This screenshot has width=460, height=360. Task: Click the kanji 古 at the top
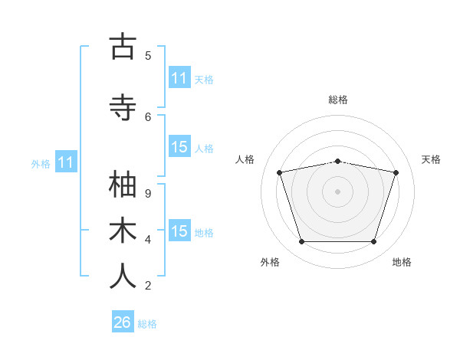click(123, 46)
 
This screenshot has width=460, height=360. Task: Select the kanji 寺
click(123, 107)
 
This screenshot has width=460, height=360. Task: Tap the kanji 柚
click(123, 184)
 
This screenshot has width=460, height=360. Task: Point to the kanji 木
click(123, 230)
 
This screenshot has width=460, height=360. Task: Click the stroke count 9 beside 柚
click(148, 194)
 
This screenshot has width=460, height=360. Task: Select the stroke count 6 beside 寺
click(148, 117)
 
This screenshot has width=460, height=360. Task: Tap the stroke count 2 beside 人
click(148, 286)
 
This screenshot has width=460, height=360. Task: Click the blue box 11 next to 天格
click(179, 77)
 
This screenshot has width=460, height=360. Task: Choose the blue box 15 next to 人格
click(179, 146)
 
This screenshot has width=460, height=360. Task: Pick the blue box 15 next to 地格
click(179, 230)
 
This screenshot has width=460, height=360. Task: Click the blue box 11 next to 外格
click(66, 161)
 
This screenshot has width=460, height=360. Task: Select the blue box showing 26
click(123, 321)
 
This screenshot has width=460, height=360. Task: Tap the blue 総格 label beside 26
click(147, 324)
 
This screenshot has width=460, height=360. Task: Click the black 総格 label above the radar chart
click(338, 100)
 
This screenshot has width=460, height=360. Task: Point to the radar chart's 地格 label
click(402, 262)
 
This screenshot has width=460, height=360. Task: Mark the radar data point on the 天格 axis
click(396, 172)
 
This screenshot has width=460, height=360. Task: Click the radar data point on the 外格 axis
click(301, 241)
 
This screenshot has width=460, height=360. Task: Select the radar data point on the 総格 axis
click(338, 162)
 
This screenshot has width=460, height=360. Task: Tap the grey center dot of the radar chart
click(337, 191)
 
